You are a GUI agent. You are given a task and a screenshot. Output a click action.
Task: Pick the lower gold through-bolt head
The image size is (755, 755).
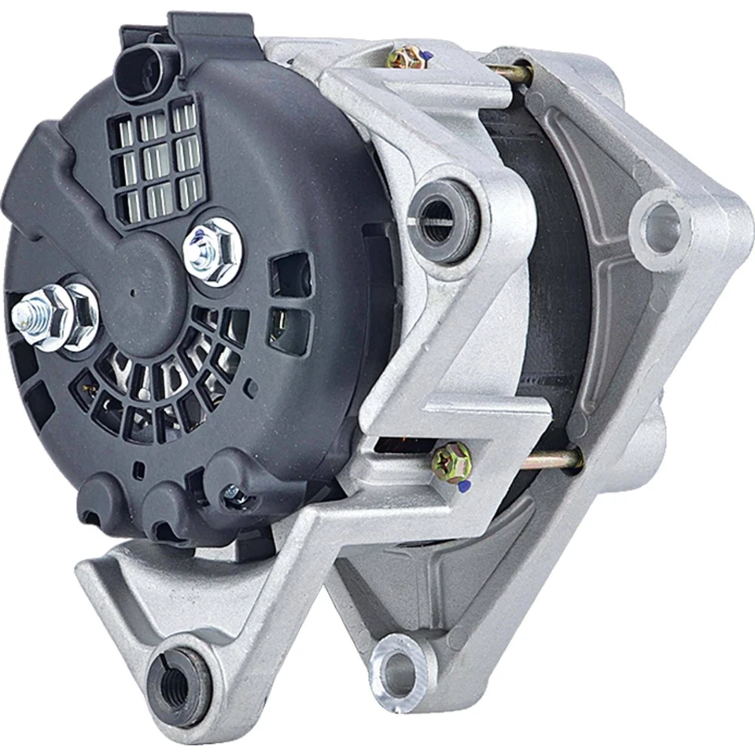pos(453,456)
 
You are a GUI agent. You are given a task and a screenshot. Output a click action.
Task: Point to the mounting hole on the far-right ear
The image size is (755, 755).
pos(660,227)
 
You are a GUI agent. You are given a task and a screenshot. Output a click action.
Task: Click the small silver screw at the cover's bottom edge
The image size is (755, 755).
pos(232,493)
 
